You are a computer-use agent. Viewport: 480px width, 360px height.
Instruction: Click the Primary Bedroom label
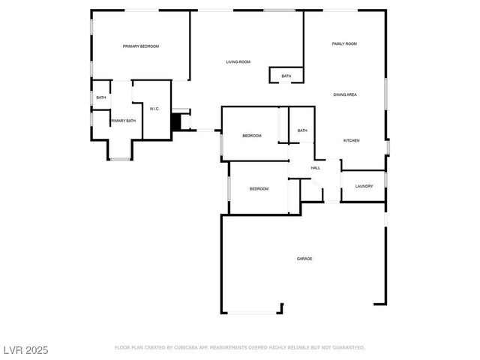click(x=141, y=46)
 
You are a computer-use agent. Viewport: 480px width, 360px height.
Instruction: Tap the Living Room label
click(x=238, y=61)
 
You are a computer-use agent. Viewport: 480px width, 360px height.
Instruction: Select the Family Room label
click(x=344, y=44)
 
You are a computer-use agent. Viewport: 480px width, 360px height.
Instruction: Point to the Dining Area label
click(x=345, y=94)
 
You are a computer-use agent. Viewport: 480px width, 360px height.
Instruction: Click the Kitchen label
click(x=352, y=140)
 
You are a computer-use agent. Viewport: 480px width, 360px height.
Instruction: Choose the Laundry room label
click(x=364, y=186)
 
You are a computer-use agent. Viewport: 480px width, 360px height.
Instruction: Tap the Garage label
click(x=304, y=259)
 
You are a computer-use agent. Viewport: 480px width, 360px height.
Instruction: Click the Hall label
click(x=316, y=168)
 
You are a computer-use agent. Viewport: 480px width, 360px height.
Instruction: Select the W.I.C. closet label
click(x=154, y=109)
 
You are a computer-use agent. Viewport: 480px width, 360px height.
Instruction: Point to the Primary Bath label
click(x=124, y=121)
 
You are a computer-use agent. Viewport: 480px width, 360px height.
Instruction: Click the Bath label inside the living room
click(x=286, y=76)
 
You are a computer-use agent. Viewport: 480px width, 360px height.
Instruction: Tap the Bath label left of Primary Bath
click(x=100, y=97)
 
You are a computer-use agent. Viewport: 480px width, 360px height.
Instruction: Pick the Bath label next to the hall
click(x=302, y=130)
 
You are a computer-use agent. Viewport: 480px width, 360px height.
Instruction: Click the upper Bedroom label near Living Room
click(x=251, y=135)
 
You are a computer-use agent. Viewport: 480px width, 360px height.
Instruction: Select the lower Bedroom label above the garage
click(x=259, y=188)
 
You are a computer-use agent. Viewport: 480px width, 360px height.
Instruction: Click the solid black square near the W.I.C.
click(x=178, y=121)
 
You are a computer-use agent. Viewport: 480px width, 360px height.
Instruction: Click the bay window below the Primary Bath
click(x=120, y=158)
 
